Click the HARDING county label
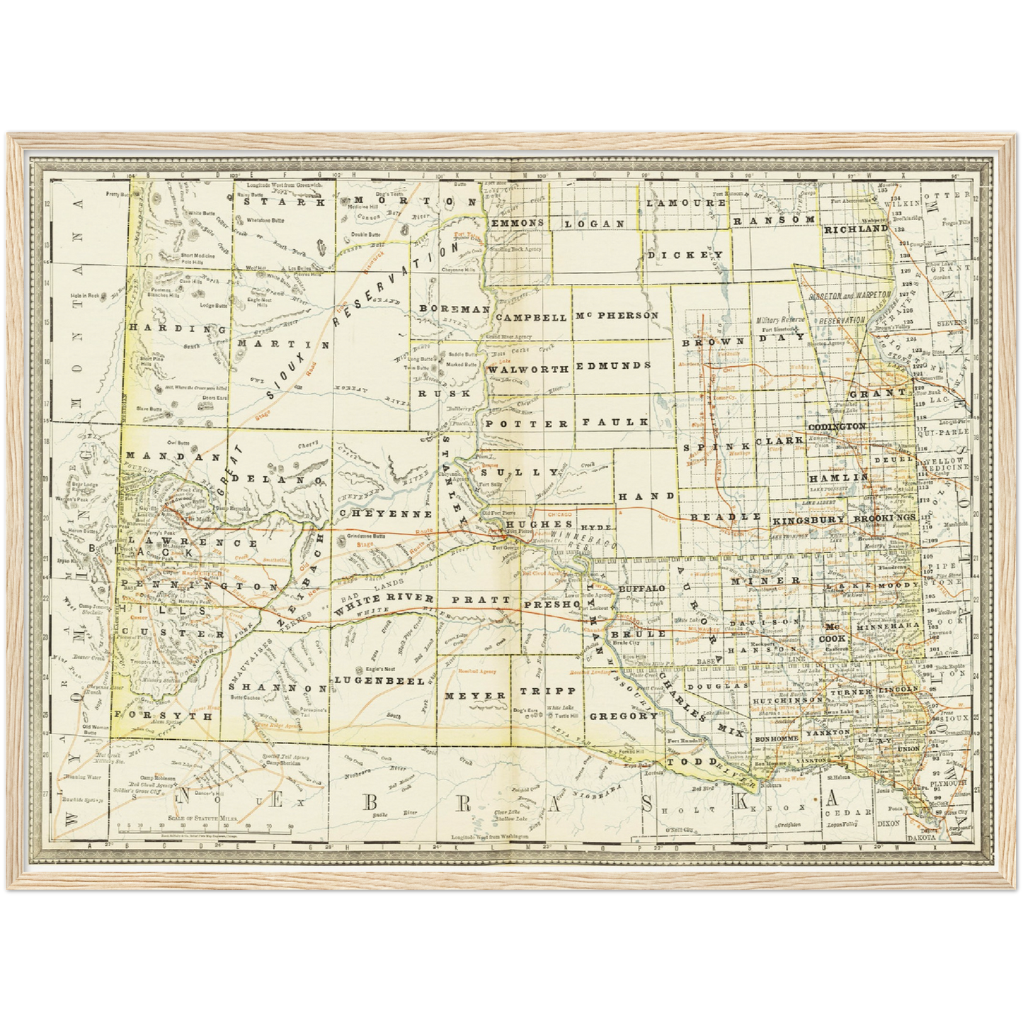pyautogui.click(x=177, y=328)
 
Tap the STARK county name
pyautogui.click(x=284, y=201)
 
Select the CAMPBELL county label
pyautogui.click(x=531, y=318)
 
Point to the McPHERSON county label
pyautogui.click(x=617, y=315)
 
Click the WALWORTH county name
pyautogui.click(x=528, y=370)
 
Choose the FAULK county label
pyautogui.click(x=615, y=422)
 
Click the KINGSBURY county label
pyautogui.click(x=808, y=520)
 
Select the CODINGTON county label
pyautogui.click(x=837, y=427)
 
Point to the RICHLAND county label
pyautogui.click(x=855, y=229)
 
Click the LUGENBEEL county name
pyautogui.click(x=379, y=680)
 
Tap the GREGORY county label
pyautogui.click(x=624, y=716)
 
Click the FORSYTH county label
pyautogui.click(x=164, y=716)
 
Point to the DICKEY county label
pyautogui.click(x=685, y=255)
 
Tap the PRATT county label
pyautogui.click(x=481, y=600)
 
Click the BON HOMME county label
pyautogui.click(x=777, y=738)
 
